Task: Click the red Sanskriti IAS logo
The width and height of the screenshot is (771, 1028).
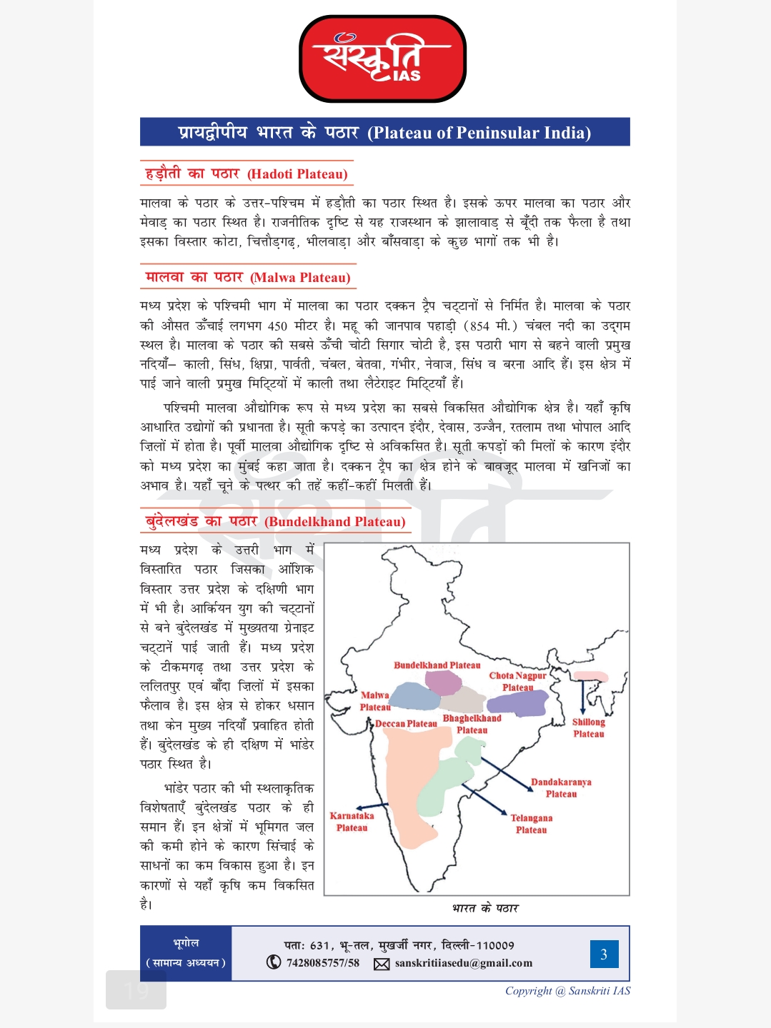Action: click(x=382, y=59)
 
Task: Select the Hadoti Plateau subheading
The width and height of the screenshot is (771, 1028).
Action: click(x=247, y=173)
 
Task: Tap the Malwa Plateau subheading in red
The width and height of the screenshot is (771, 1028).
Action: click(x=247, y=277)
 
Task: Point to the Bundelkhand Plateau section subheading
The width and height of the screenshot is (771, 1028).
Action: click(x=275, y=521)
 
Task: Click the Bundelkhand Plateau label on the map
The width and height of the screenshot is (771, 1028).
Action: click(x=437, y=665)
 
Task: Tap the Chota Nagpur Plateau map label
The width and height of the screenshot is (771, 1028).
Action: click(x=517, y=681)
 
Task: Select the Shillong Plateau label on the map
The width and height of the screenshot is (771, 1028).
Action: click(x=588, y=727)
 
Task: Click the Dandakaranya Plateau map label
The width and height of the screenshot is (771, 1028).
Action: click(x=561, y=787)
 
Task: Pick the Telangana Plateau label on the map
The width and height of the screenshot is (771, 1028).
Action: click(x=531, y=824)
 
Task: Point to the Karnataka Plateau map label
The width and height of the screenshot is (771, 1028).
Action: click(x=352, y=822)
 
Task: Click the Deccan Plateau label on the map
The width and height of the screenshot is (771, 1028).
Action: click(x=406, y=724)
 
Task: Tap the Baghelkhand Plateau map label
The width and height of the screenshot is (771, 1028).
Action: click(x=472, y=724)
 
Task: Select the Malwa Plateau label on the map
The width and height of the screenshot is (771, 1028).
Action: click(x=375, y=701)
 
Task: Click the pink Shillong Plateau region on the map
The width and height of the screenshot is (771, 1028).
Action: click(x=590, y=676)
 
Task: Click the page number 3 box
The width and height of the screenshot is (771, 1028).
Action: click(x=604, y=954)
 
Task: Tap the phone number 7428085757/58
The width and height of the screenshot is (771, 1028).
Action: click(x=322, y=963)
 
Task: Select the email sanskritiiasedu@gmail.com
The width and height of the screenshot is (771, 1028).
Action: click(x=463, y=963)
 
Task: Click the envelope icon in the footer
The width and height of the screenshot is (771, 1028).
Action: click(x=382, y=964)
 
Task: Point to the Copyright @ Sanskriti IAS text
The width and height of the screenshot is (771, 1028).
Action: click(x=567, y=991)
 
